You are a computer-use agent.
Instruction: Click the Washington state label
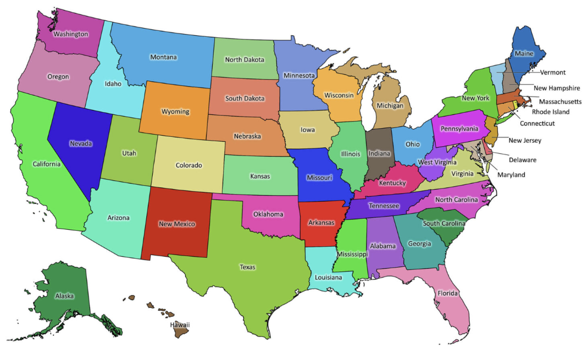70,34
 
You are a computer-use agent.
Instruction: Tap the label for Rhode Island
551,112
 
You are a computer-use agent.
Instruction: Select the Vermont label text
553,72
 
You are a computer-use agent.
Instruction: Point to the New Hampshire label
557,87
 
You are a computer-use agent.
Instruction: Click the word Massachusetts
560,102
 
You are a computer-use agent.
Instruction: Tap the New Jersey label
525,141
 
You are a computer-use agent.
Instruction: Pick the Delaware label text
522,160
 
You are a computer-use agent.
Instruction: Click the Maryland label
511,175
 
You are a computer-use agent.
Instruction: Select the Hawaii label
180,325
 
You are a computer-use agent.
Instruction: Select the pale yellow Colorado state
189,165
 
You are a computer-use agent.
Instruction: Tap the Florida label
447,293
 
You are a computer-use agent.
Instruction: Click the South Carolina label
444,224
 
